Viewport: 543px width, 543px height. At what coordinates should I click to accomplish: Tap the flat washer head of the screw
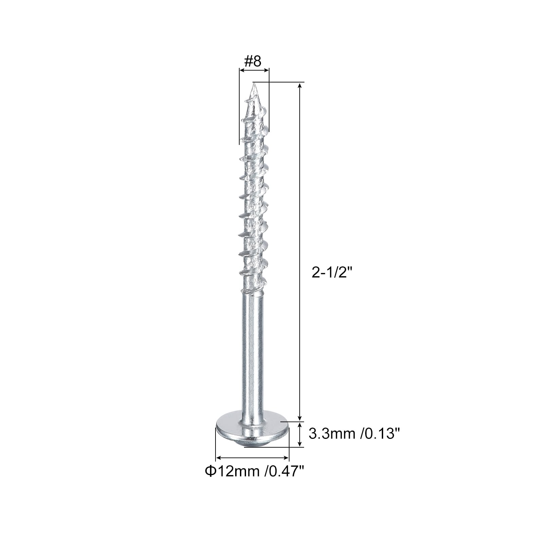click(x=252, y=430)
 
